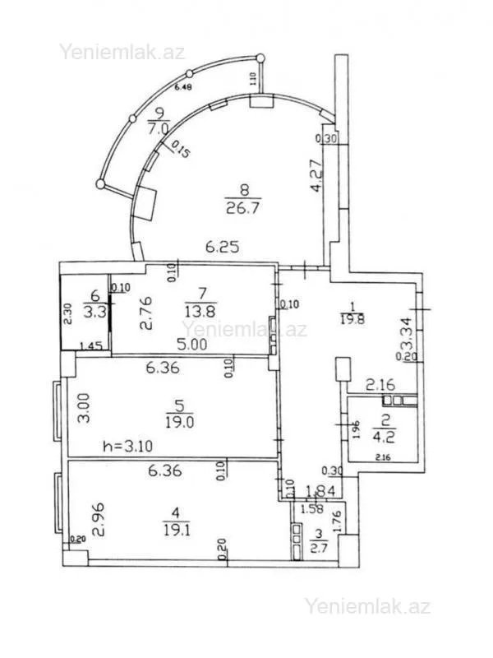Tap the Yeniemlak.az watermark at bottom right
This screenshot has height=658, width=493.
368,607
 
